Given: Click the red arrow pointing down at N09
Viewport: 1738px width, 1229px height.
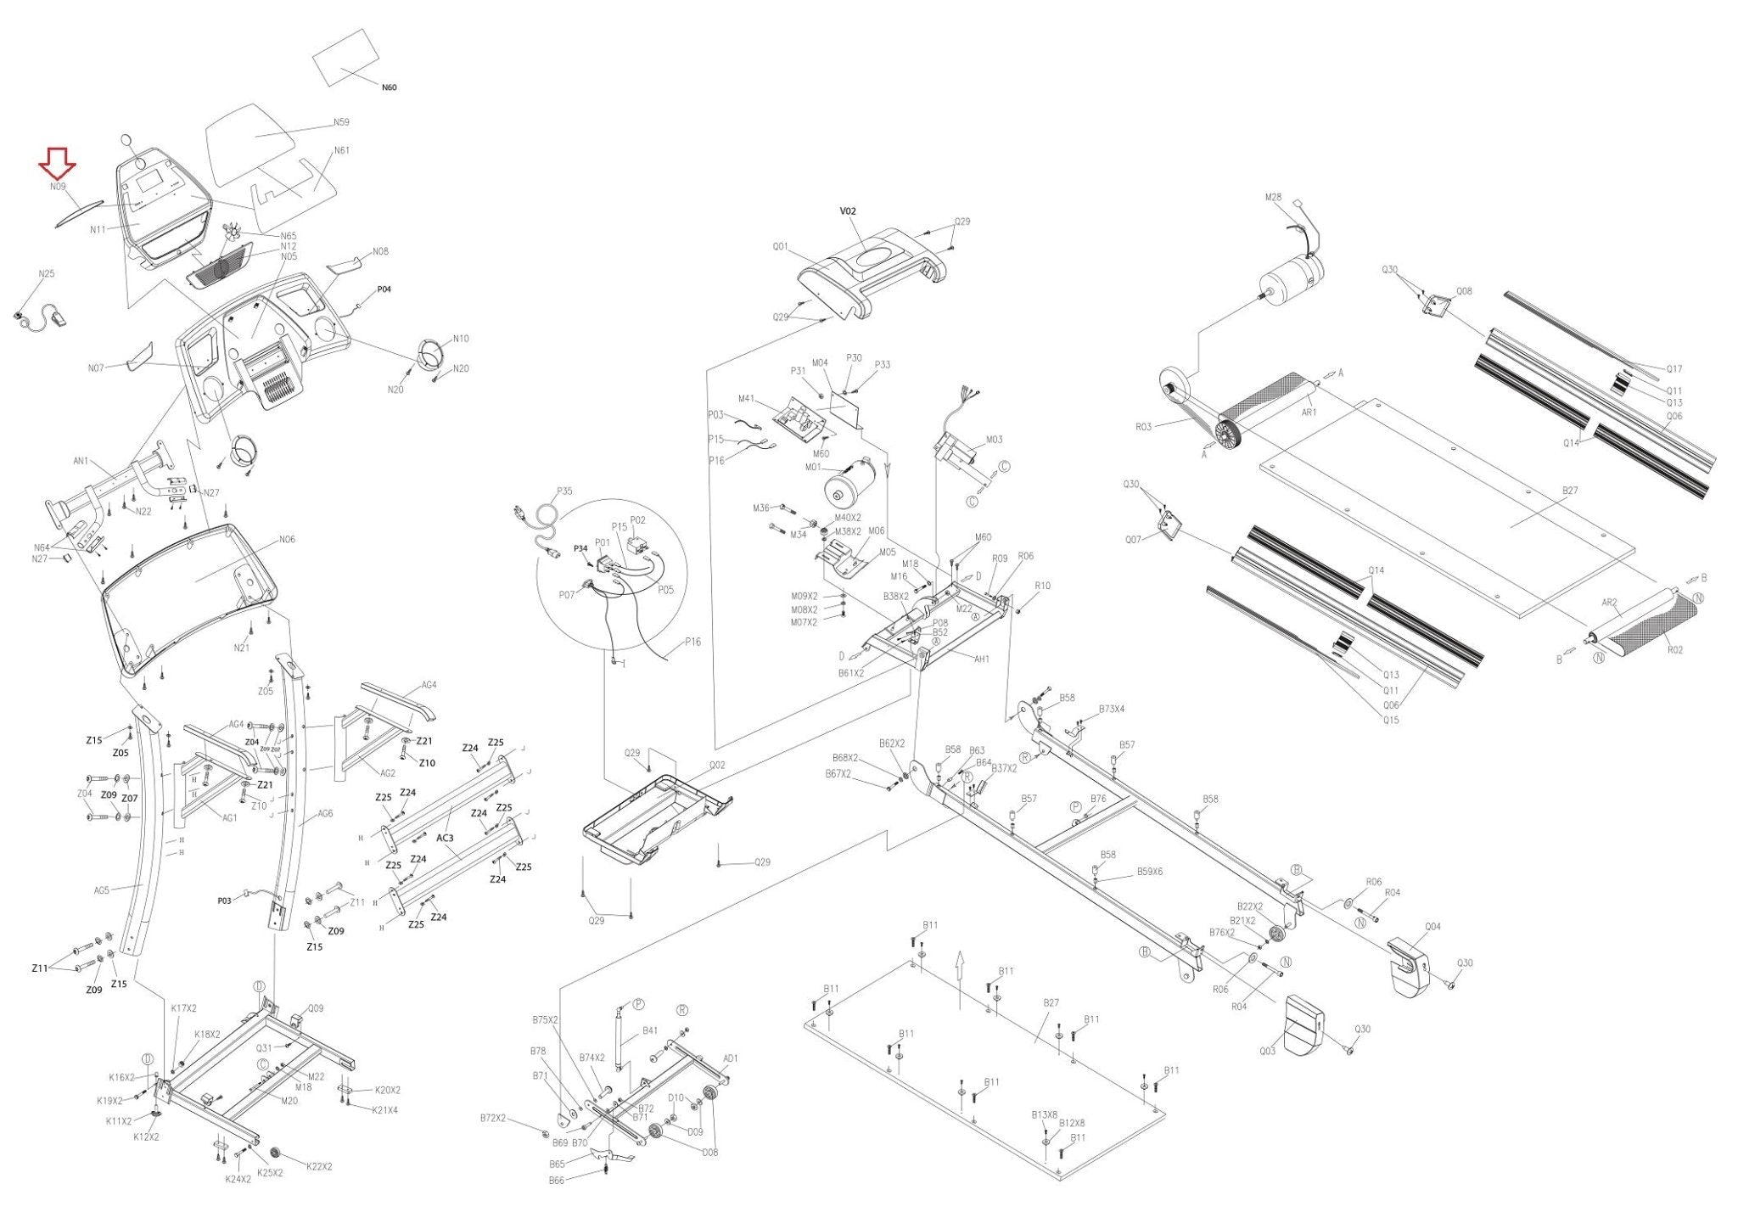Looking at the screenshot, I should (x=58, y=163).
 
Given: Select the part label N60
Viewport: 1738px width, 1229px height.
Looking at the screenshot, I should (x=389, y=87).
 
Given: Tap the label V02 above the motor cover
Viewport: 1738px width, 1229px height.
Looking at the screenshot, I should (x=848, y=211).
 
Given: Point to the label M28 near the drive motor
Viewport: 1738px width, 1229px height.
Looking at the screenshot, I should (x=1273, y=198).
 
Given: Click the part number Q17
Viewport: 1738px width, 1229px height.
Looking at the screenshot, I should (x=1674, y=369).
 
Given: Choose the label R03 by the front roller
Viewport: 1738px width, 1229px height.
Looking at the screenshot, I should (x=1143, y=427).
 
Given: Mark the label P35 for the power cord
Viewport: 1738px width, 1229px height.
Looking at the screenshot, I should (x=564, y=491).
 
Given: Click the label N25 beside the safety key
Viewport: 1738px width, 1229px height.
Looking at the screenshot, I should (x=47, y=274).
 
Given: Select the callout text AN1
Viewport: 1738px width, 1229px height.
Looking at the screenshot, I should (x=81, y=462).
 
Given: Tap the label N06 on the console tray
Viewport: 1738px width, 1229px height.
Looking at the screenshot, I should (x=287, y=540).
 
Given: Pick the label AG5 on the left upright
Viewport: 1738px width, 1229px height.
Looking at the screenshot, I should (x=102, y=890).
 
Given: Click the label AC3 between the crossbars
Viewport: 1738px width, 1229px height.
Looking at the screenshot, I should (x=445, y=838).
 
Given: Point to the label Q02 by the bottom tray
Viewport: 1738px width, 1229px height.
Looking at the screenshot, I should (x=717, y=765).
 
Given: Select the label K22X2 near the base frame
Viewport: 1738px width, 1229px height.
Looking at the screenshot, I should (x=318, y=1166).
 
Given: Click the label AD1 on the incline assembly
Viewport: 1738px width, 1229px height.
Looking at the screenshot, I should (x=731, y=1058).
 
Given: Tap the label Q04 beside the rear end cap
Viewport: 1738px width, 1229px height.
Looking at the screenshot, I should (x=1432, y=927).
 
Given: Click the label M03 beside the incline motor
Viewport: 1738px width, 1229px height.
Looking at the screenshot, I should (x=994, y=440).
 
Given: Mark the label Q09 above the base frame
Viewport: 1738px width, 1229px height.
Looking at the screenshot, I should (x=315, y=1009).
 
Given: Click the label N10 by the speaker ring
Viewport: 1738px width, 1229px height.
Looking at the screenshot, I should (x=460, y=339).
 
